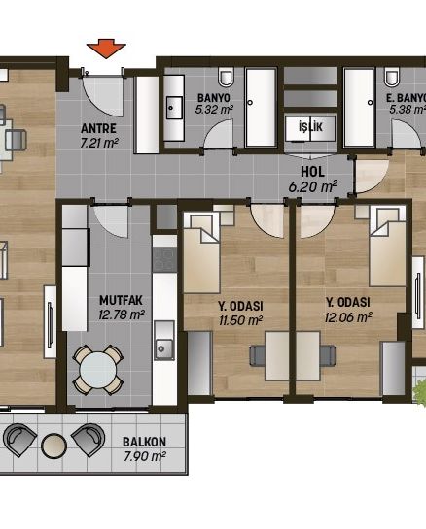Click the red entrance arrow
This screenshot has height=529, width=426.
coord(106,49)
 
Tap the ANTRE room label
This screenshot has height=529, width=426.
coord(98,128)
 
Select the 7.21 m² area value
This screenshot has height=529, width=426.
coord(99,143)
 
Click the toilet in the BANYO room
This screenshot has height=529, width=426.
coord(226,77)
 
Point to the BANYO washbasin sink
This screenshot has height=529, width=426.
coord(174,108)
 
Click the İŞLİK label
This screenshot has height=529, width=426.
coord(310,127)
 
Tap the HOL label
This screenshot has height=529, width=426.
coord(313,172)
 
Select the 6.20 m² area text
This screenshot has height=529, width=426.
coord(313,186)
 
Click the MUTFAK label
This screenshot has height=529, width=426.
coord(121,300)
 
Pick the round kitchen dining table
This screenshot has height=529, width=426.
coord(98,370)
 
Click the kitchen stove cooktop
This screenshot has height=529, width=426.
coord(164,260)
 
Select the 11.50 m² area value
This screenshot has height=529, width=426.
coord(240,320)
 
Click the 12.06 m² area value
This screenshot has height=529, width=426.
coord(348,317)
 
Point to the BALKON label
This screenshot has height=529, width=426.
coord(144,442)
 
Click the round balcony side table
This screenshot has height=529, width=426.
coord(53,446)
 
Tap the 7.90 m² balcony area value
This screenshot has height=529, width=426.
coord(145,457)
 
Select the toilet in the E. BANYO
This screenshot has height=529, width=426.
coord(391,77)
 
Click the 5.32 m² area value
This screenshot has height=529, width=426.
coord(214,110)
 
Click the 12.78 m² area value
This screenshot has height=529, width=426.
coord(122,314)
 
